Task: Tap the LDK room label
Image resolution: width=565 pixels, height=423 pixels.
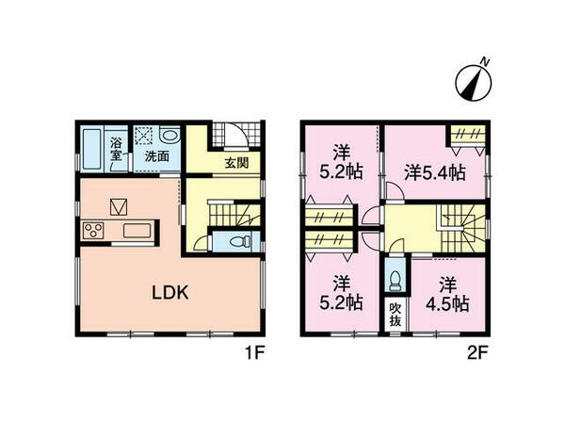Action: pyautogui.click(x=172, y=293)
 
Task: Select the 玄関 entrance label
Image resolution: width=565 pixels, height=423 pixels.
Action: pyautogui.click(x=235, y=162)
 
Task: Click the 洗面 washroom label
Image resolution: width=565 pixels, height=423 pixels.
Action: pyautogui.click(x=156, y=156)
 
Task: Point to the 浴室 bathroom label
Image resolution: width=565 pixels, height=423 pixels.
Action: pyautogui.click(x=117, y=149)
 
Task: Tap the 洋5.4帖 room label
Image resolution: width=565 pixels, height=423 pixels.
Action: pyautogui.click(x=435, y=172)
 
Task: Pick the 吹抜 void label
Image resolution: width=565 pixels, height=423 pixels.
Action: pyautogui.click(x=395, y=312)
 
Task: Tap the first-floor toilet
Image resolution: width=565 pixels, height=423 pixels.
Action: pyautogui.click(x=238, y=241)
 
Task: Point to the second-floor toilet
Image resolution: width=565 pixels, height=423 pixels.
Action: pyautogui.click(x=395, y=281)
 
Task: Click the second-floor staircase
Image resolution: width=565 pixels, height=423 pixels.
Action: pyautogui.click(x=460, y=227)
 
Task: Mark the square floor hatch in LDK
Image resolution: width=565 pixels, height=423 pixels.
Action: pyautogui.click(x=120, y=204)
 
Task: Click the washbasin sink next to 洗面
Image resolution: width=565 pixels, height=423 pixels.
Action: pyautogui.click(x=178, y=136)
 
